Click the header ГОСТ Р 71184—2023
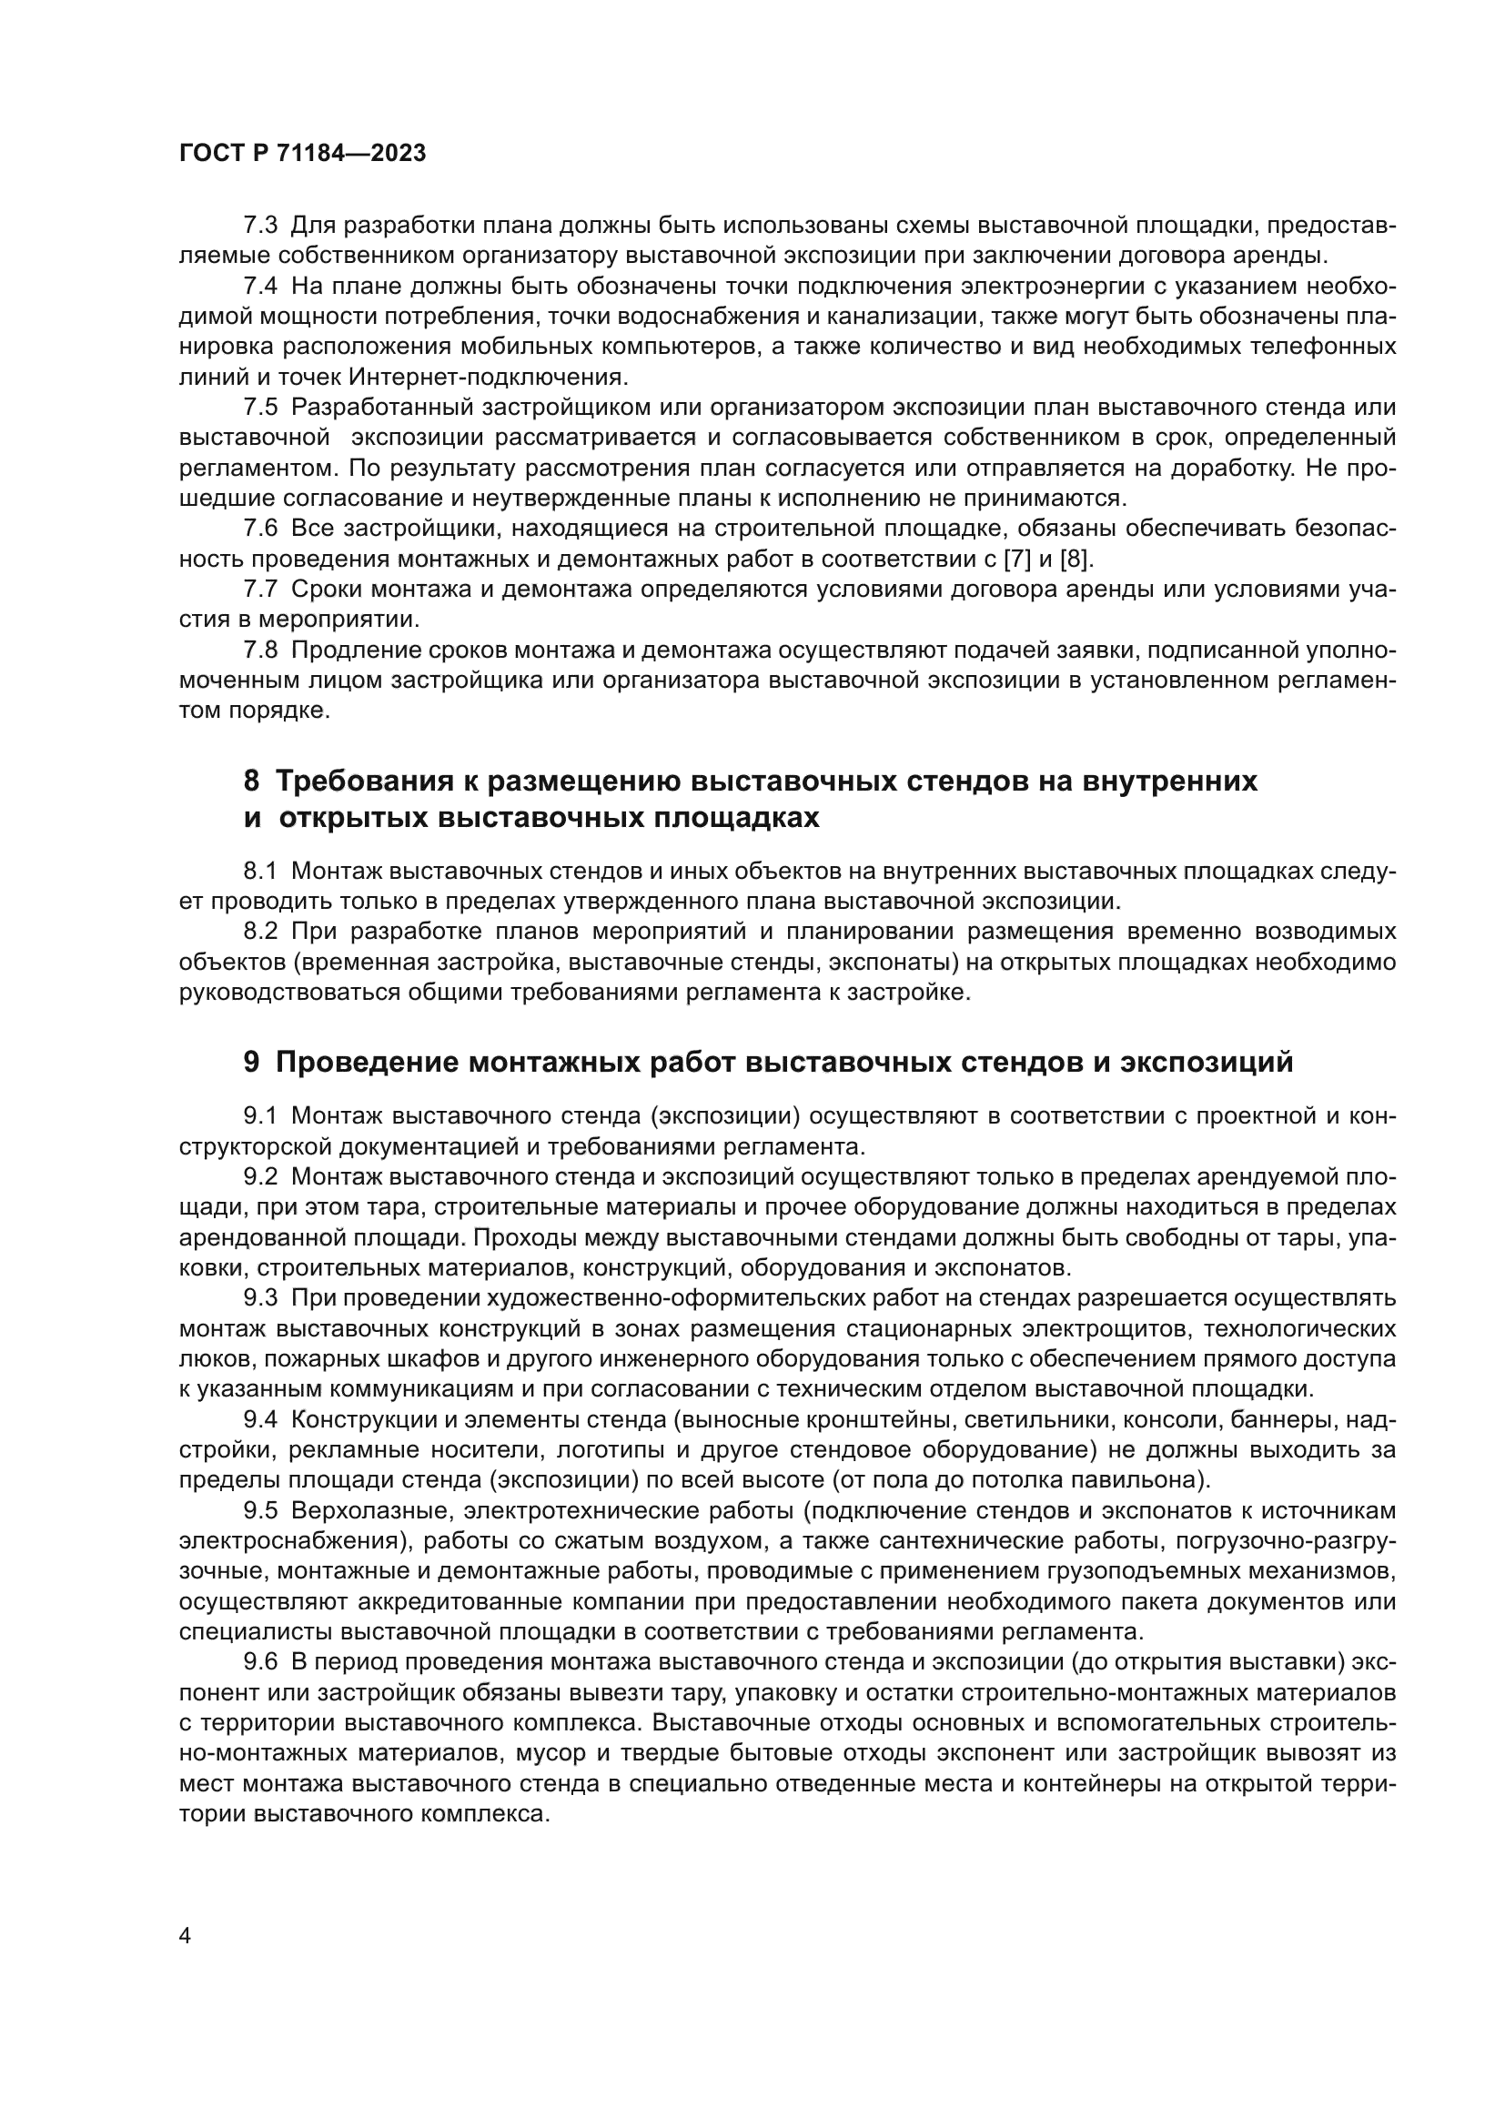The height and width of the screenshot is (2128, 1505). point(302,154)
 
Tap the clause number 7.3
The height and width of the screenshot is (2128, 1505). point(260,226)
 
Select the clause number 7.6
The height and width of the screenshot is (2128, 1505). point(260,529)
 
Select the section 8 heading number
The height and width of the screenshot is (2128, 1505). point(251,782)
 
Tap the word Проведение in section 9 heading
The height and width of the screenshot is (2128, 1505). point(366,1062)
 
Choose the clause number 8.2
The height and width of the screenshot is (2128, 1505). point(260,932)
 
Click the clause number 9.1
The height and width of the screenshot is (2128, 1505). point(260,1116)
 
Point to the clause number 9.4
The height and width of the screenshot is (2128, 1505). point(260,1419)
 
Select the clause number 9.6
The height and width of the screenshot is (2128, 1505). point(260,1662)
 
